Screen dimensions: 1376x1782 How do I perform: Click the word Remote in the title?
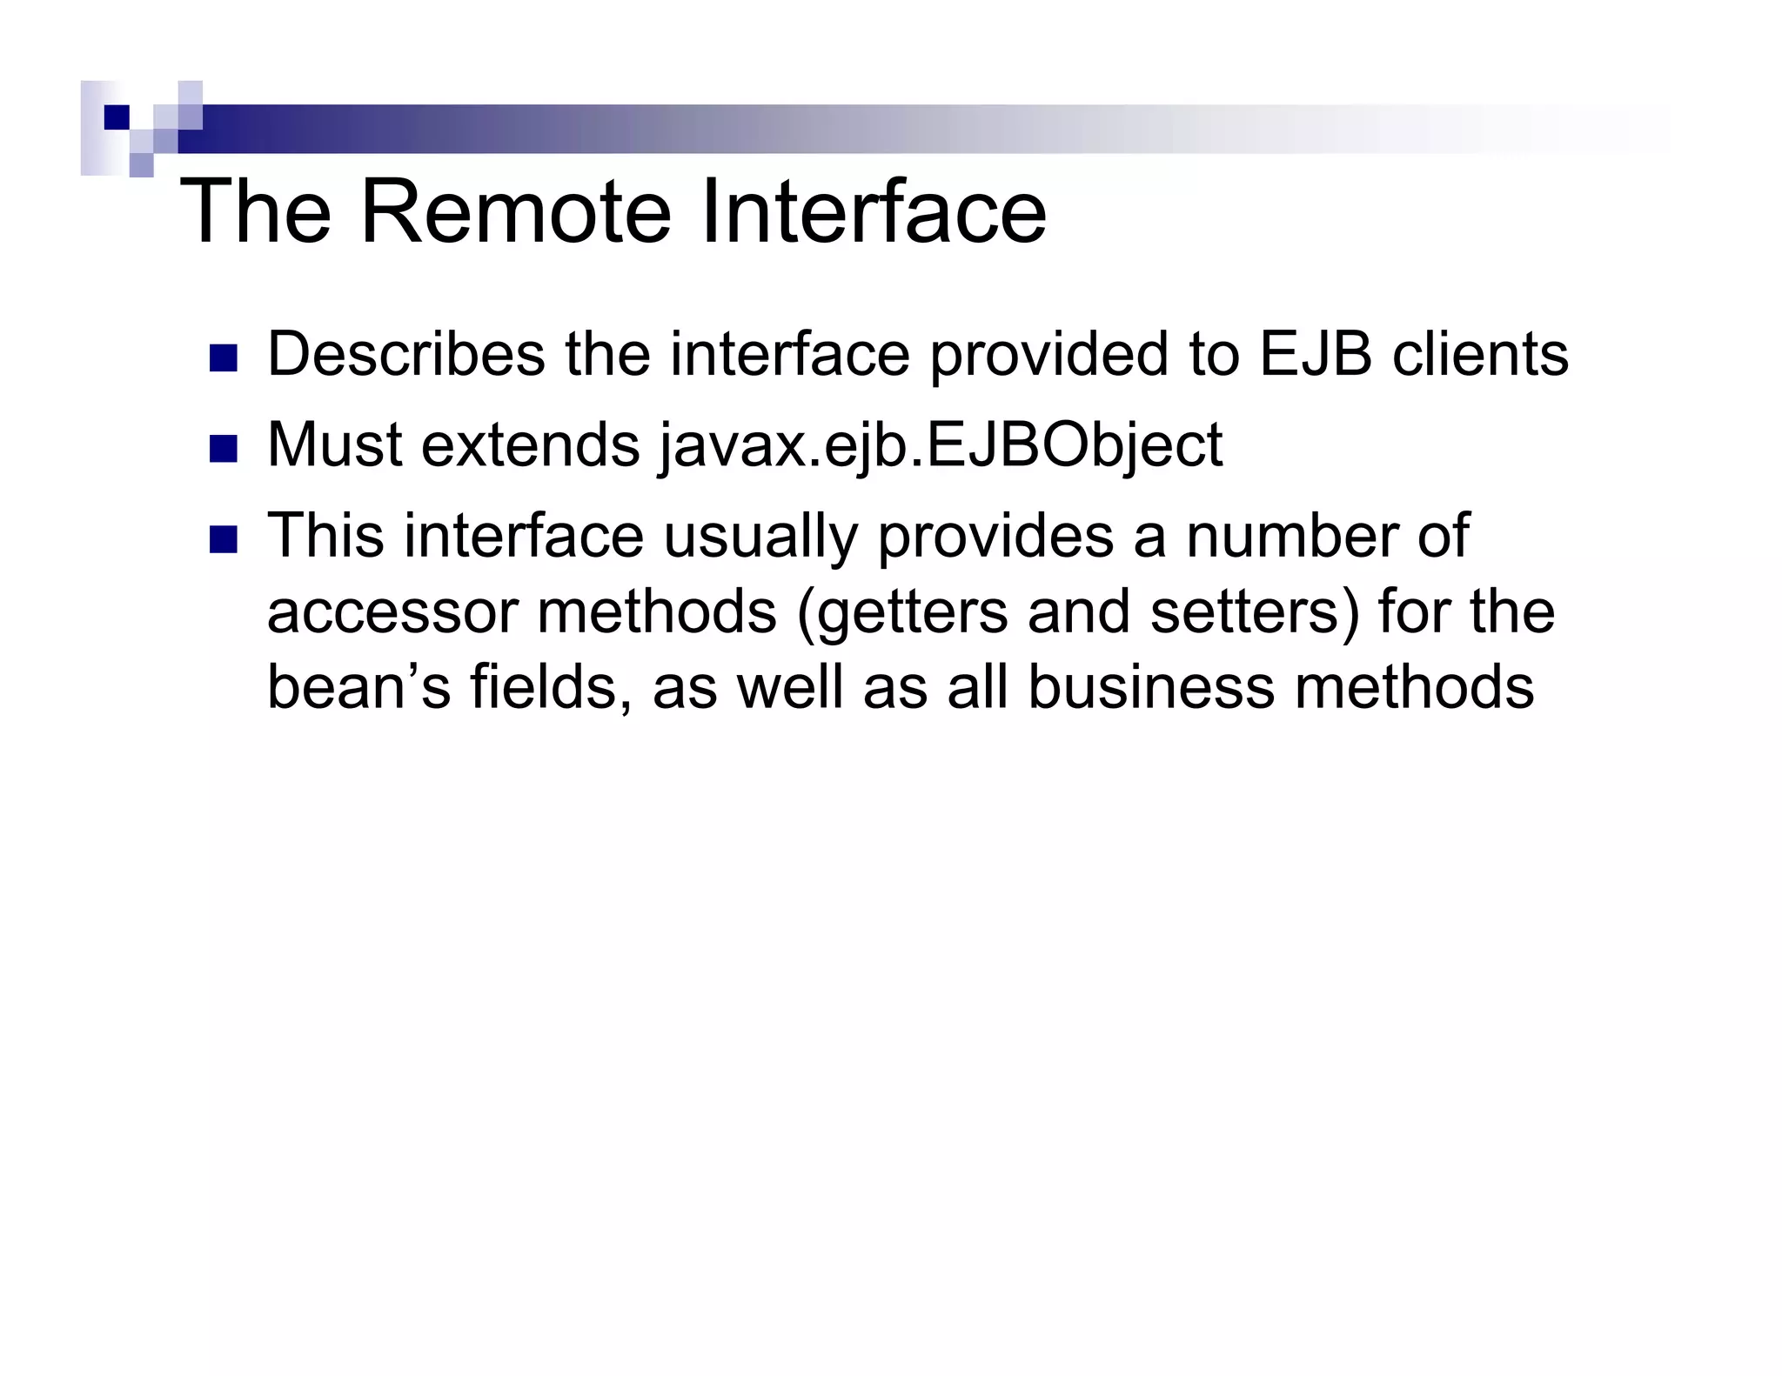click(515, 212)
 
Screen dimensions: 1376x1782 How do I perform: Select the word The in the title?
click(256, 212)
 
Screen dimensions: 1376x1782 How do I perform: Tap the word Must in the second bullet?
click(335, 445)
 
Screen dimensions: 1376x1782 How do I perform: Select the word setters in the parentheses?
click(1254, 612)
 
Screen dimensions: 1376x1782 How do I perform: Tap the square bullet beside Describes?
click(224, 358)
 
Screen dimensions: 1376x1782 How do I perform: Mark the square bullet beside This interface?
click(224, 540)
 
